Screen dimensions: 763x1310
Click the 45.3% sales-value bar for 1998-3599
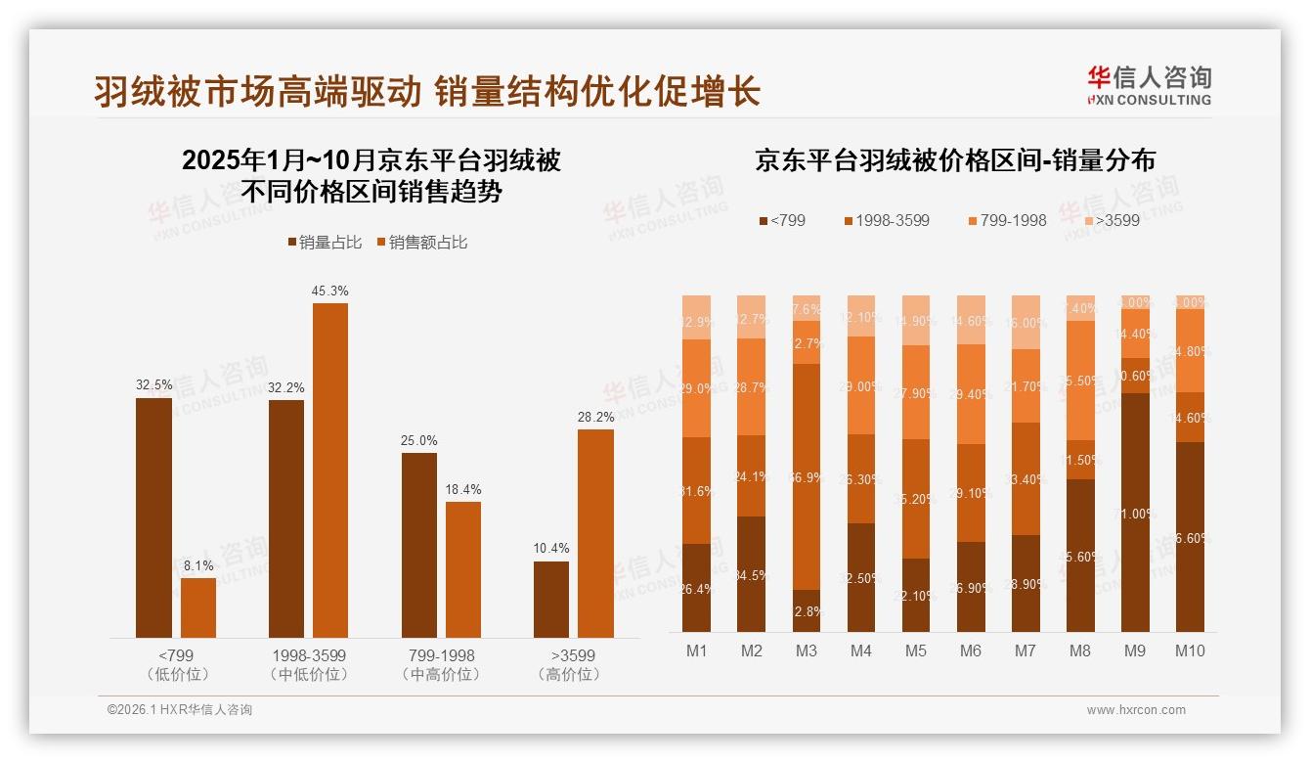tap(329, 471)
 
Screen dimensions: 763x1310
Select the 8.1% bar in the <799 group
tap(198, 607)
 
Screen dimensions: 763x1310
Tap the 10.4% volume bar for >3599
tap(551, 600)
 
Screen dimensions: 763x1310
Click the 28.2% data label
tap(596, 418)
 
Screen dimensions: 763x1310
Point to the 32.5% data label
tap(153, 385)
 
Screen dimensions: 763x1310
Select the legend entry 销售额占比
tap(421, 243)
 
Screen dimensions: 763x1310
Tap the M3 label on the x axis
tap(807, 651)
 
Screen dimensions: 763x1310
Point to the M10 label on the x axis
tap(1190, 651)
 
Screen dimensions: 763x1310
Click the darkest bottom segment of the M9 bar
tap(1135, 513)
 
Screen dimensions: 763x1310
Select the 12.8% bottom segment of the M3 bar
tap(807, 610)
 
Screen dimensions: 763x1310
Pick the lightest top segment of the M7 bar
tap(1026, 322)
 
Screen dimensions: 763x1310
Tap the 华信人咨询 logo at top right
tap(1149, 85)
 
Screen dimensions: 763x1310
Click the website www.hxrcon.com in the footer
tap(1136, 710)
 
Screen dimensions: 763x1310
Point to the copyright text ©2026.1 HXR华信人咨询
tap(180, 710)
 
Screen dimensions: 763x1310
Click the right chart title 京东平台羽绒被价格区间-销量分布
tap(954, 161)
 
